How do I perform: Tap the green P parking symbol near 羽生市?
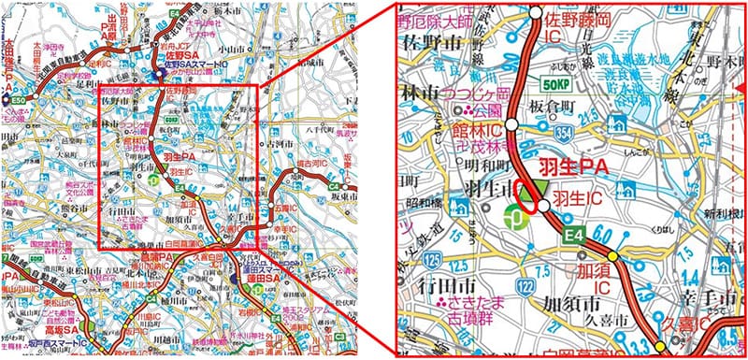(516, 218)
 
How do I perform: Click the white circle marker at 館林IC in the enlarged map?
(512, 123)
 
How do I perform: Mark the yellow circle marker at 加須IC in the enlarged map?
(612, 257)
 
